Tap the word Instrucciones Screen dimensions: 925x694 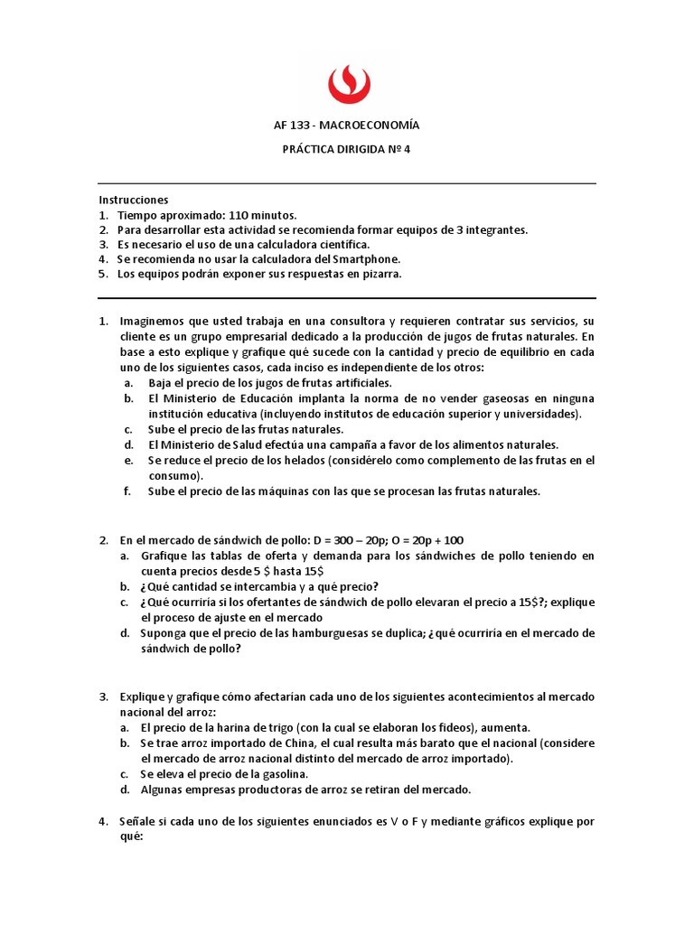(x=133, y=200)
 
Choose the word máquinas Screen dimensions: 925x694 (x=281, y=491)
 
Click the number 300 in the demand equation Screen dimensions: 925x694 (x=312, y=539)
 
